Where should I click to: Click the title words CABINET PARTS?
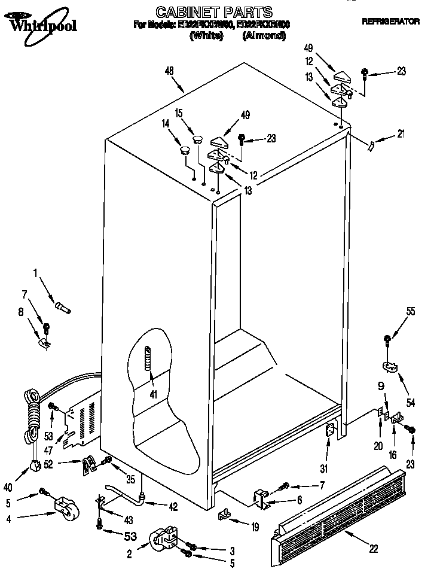[213, 11]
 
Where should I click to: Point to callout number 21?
[401, 133]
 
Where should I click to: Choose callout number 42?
[173, 507]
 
